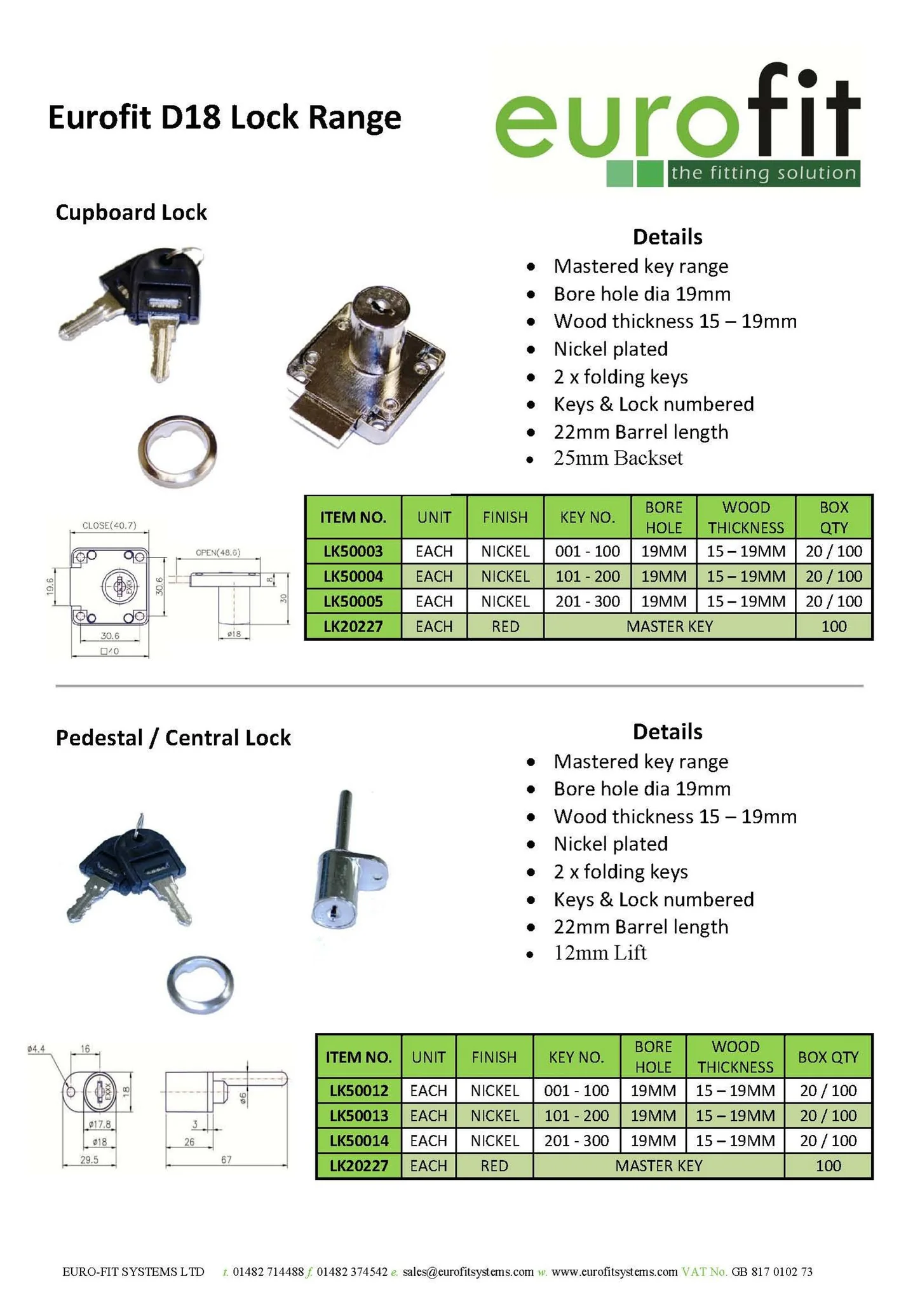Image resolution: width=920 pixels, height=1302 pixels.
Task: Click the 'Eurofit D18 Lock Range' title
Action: coord(225,118)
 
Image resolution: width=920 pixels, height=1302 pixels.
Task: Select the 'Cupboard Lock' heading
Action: coord(132,212)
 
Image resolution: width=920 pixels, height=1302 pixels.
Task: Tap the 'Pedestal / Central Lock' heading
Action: coord(173,737)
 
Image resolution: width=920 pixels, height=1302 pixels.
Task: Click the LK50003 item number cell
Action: coord(353,551)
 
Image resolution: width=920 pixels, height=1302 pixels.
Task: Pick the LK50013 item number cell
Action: coord(359,1115)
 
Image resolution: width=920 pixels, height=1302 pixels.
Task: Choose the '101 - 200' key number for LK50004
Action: coord(588,577)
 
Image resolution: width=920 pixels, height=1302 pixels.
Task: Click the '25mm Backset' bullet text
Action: coord(618,458)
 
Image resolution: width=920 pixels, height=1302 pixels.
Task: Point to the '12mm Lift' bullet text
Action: coord(600,952)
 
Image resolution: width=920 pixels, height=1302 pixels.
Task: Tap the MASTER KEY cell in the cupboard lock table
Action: coord(670,627)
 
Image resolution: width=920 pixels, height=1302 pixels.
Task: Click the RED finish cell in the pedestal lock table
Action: coord(494,1165)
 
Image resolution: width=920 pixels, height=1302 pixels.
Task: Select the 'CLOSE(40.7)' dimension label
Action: coord(109,526)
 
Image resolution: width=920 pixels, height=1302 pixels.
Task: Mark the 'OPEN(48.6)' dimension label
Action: coord(218,552)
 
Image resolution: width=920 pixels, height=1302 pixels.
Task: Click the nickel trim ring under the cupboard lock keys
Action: coord(177,452)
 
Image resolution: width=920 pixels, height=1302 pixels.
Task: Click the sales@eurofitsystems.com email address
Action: coord(468,1271)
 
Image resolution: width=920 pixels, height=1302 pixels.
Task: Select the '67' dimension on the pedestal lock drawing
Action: coord(226,1160)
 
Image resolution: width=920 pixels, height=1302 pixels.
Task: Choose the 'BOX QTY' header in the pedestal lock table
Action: coord(829,1057)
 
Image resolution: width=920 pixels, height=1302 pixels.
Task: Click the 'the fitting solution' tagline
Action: coord(764,173)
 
